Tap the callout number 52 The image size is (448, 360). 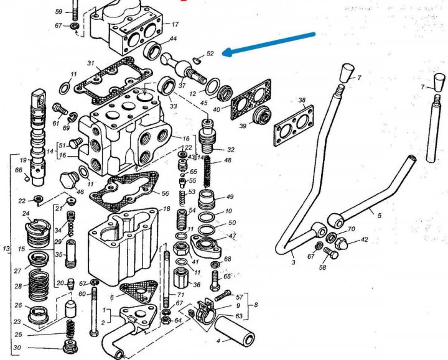pyautogui.click(x=210, y=53)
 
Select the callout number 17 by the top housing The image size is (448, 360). pyautogui.click(x=175, y=25)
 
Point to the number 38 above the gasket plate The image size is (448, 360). pyautogui.click(x=302, y=100)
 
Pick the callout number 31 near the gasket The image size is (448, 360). pyautogui.click(x=90, y=63)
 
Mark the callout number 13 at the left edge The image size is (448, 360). pyautogui.click(x=6, y=249)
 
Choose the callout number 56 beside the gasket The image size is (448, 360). pyautogui.click(x=165, y=193)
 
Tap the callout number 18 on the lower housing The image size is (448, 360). pyautogui.click(x=166, y=209)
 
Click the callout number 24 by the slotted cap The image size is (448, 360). pyautogui.click(x=26, y=214)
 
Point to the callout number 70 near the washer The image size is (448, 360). pyautogui.click(x=352, y=229)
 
